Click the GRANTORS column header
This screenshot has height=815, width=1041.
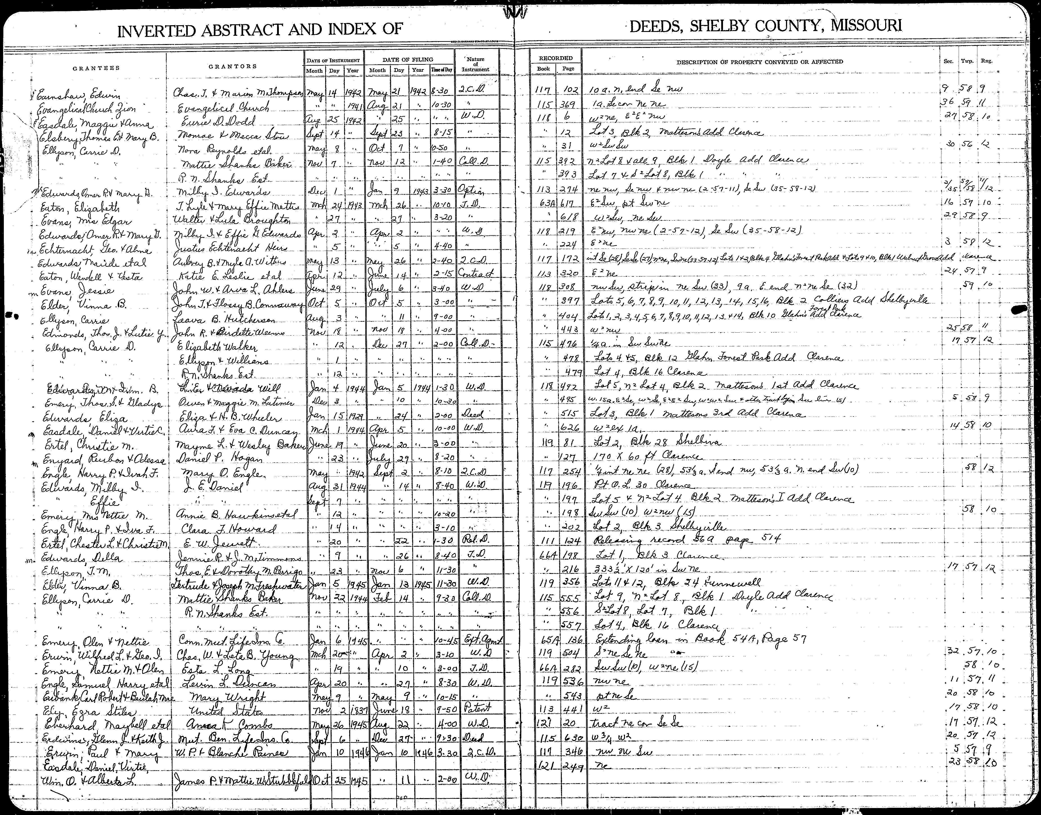(233, 66)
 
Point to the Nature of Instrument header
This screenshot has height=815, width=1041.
(476, 64)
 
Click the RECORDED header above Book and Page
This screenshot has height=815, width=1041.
(556, 58)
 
